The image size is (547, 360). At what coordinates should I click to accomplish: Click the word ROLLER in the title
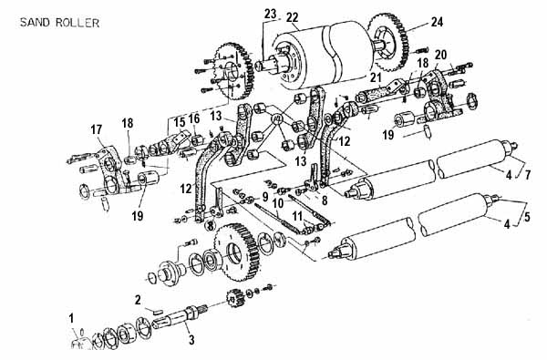77,23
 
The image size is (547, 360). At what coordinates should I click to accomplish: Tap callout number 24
437,22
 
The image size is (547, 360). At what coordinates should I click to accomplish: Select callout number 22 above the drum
293,17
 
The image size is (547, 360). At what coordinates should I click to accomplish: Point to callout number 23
271,15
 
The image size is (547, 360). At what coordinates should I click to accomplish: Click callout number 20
441,55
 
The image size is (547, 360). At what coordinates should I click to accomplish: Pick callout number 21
376,77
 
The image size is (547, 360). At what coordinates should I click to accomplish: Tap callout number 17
97,129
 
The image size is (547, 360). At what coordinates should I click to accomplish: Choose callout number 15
180,122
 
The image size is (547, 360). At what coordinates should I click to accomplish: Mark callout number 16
194,118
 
